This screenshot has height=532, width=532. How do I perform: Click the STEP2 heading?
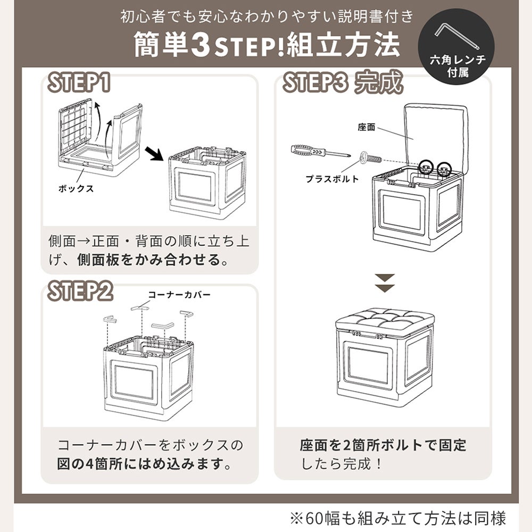click(80, 291)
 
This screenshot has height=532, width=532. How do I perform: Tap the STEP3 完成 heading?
click(343, 82)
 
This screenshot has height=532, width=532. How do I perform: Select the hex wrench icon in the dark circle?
click(456, 36)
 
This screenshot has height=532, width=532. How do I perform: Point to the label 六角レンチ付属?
click(458, 66)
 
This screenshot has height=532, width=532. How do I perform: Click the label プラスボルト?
click(332, 179)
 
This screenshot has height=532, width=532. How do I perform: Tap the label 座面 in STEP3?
click(366, 127)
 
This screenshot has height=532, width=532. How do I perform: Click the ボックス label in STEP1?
click(76, 189)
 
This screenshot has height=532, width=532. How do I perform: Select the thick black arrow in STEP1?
click(154, 154)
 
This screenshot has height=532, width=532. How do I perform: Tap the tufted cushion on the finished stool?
click(385, 321)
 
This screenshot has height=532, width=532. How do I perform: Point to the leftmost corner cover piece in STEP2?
click(110, 319)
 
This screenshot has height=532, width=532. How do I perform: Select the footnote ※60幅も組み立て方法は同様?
click(397, 518)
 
